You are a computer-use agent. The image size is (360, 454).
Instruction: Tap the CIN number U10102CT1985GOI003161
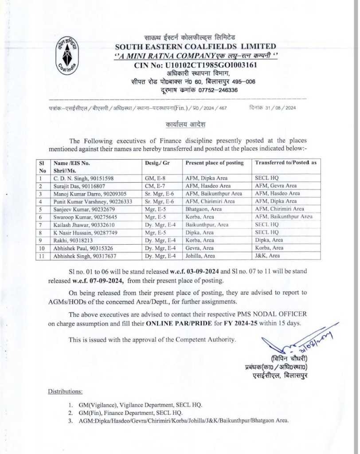196,66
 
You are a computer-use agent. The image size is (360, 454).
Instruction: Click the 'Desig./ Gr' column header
157,163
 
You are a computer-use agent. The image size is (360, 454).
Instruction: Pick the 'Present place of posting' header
215,163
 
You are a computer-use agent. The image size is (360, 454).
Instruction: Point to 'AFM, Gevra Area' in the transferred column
276,186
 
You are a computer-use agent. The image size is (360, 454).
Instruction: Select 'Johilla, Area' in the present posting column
200,256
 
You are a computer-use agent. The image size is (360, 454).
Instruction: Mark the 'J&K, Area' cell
267,256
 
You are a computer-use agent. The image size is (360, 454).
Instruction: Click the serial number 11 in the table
42,256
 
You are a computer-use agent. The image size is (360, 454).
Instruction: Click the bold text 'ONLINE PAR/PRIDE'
172,323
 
